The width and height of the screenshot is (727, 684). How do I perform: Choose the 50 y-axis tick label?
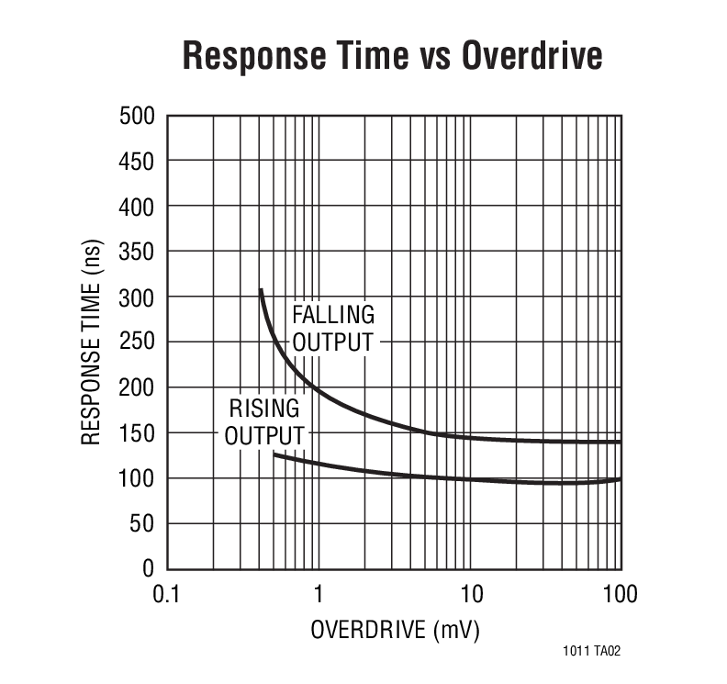click(141, 524)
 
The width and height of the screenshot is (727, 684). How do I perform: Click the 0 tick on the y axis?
click(148, 569)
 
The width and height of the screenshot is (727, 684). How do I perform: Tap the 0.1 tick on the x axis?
click(166, 594)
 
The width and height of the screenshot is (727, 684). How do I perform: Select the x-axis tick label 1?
click(319, 594)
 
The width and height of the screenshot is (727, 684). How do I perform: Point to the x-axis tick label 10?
click(470, 594)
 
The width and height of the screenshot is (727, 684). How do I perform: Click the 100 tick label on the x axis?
click(621, 594)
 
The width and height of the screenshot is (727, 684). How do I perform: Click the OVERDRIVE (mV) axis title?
click(395, 631)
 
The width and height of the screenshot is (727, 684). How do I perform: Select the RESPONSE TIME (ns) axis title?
click(91, 342)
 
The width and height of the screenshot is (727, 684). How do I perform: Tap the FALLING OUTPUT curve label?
click(333, 329)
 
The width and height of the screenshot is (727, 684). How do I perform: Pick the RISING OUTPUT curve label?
click(264, 421)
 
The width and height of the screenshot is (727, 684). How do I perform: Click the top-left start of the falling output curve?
click(261, 290)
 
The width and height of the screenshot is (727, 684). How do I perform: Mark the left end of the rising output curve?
click(274, 454)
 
